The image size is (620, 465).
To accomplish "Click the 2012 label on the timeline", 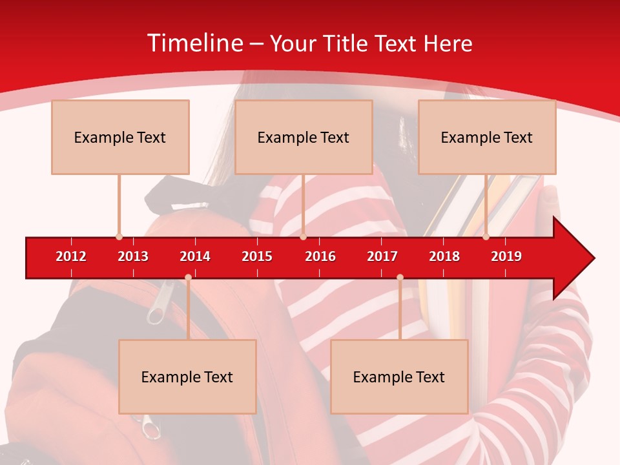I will click(x=71, y=256).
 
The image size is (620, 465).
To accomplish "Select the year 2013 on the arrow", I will click(x=133, y=256).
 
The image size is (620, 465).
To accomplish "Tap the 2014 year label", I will click(x=195, y=256).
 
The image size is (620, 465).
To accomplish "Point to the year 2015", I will click(x=257, y=256).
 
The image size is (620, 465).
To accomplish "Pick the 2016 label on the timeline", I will click(x=320, y=256).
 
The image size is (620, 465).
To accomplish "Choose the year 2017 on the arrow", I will click(x=382, y=256).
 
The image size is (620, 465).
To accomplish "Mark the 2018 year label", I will click(x=444, y=256).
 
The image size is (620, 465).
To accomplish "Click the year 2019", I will click(x=506, y=256).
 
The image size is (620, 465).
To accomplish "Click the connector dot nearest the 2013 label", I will click(x=119, y=237).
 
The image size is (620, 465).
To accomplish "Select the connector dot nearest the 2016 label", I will click(x=303, y=237).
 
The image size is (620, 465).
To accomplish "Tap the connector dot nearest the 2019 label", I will click(x=486, y=237).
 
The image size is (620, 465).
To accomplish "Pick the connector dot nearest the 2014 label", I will click(x=188, y=278).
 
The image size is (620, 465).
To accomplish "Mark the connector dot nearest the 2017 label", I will click(x=400, y=278).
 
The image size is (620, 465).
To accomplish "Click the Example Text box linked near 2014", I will click(x=187, y=377).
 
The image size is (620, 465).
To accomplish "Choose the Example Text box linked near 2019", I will click(x=487, y=137).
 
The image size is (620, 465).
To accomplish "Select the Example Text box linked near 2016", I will click(x=304, y=137).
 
